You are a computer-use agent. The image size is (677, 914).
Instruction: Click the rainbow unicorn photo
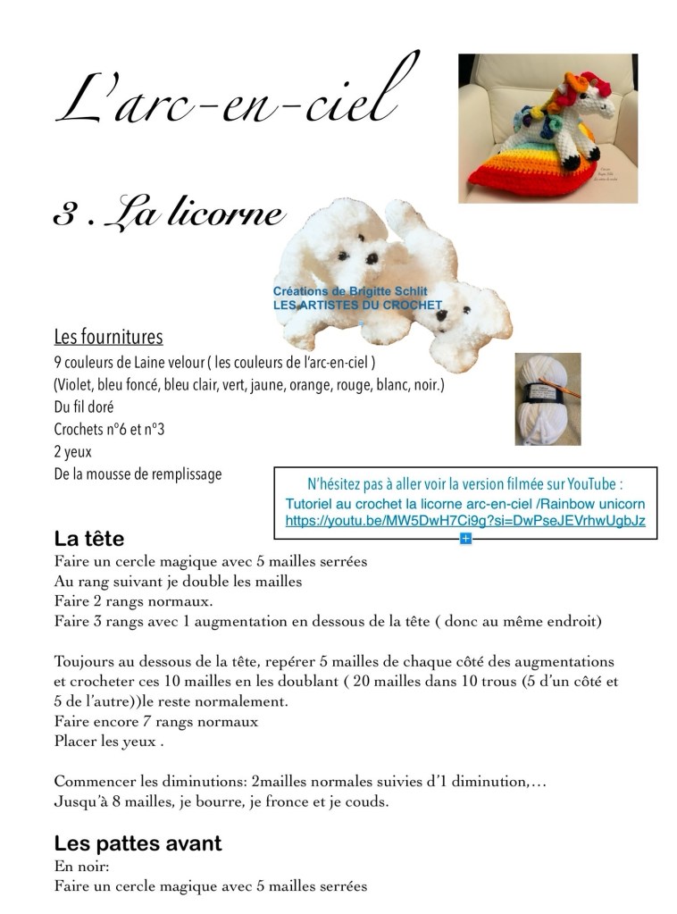pos(547,128)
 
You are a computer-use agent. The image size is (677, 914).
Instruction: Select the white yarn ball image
pos(547,398)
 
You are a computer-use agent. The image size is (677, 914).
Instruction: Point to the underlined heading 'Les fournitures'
pos(108,338)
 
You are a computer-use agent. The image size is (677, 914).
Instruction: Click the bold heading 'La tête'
pos(88,539)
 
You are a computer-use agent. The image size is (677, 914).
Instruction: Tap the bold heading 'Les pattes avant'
pos(138,843)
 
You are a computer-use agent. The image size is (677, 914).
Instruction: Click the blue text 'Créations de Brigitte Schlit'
pos(350,291)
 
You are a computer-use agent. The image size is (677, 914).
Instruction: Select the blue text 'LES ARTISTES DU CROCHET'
pos(357,305)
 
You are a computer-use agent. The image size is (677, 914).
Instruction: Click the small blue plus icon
pos(464,538)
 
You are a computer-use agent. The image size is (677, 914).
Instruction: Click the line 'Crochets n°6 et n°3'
pos(109,430)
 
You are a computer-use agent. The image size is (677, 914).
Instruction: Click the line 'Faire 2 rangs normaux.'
pos(132,600)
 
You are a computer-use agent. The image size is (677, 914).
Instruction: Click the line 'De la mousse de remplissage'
pos(138,474)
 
